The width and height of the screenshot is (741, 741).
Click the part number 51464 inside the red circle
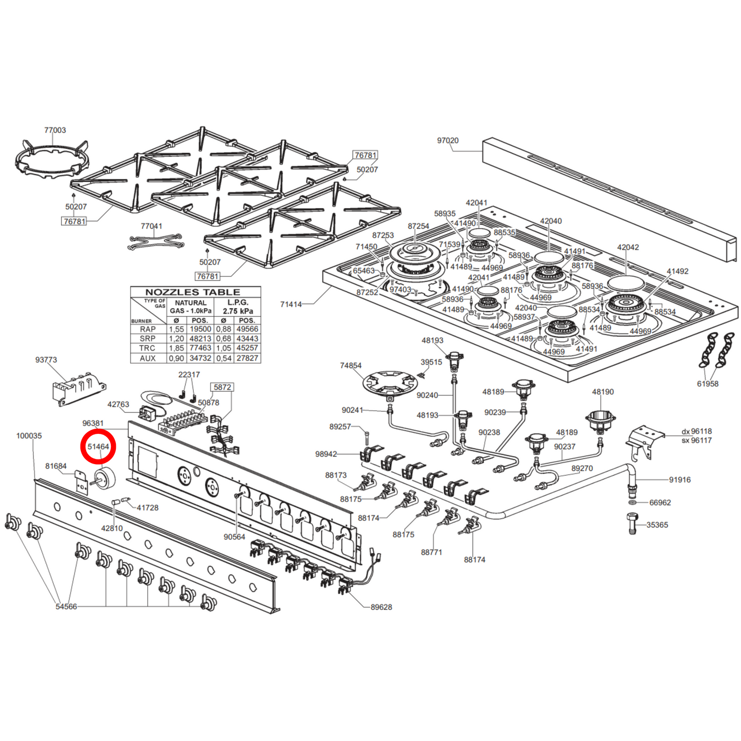point(98,447)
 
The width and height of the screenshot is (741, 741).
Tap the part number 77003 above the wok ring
point(55,130)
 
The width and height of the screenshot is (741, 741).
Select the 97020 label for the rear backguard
point(448,141)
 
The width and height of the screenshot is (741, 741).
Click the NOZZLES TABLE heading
point(193,292)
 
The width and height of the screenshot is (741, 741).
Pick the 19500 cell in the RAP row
point(201,329)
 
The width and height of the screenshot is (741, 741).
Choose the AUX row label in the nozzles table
point(148,358)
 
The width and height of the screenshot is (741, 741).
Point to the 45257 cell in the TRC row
point(247,348)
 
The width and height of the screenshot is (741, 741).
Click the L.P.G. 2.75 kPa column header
point(237,307)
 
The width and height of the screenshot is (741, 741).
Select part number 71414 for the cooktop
point(291,304)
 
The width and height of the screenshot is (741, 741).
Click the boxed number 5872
point(222,387)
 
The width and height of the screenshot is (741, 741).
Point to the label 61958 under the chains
point(708,384)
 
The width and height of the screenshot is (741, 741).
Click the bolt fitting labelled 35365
point(633,524)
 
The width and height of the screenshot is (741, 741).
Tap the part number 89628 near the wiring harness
point(382,607)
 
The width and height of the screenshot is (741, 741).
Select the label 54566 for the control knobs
point(66,607)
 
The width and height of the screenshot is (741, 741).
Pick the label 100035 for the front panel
point(29,436)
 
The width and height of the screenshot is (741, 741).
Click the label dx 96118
point(697,431)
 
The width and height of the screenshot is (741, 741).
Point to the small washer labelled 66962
point(633,502)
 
